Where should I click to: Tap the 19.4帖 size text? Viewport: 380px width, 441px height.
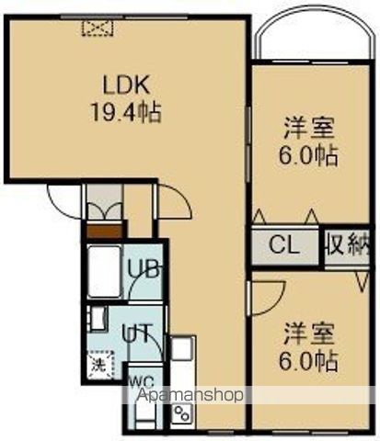coord(126,116)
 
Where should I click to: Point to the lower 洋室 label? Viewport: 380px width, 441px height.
coord(308,331)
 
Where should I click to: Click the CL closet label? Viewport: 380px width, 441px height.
coord(286,246)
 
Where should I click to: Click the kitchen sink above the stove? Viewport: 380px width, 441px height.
coord(180,350)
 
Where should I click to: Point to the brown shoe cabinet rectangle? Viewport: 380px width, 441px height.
coord(103,230)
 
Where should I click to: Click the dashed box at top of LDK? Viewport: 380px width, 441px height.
coord(98,28)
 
